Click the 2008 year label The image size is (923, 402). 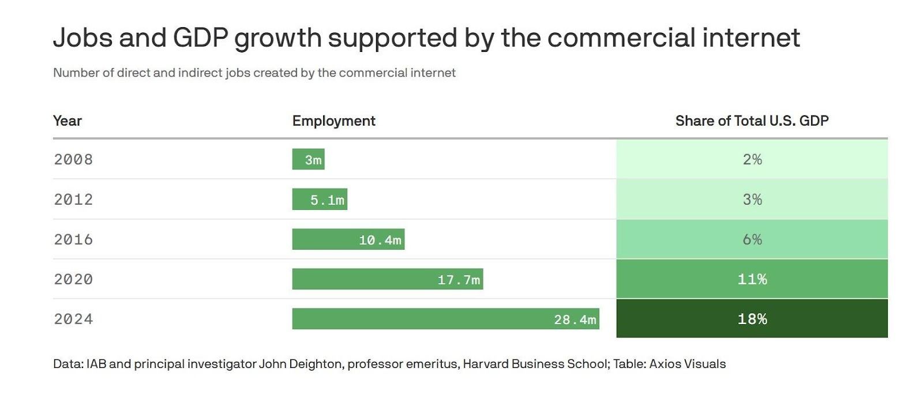coord(73,159)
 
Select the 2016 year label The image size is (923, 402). coord(73,239)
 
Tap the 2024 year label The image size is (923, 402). coord(73,319)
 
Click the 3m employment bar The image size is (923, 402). coord(308,159)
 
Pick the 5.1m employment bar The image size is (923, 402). coord(320,200)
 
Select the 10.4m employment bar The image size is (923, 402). coord(348,239)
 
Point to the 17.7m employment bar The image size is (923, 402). coord(387,279)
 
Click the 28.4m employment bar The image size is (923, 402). coord(445,319)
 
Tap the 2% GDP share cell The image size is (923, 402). coord(752,159)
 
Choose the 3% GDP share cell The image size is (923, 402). coord(752,200)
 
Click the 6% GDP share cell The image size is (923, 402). coord(752,239)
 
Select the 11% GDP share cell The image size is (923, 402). coord(752,279)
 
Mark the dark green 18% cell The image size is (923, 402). coord(752,319)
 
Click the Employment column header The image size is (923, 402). coord(333,121)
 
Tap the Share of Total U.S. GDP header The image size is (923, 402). coord(752,121)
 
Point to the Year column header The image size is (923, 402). coord(67,121)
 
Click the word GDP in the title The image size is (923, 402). coord(201,38)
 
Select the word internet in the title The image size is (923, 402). coord(751,38)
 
